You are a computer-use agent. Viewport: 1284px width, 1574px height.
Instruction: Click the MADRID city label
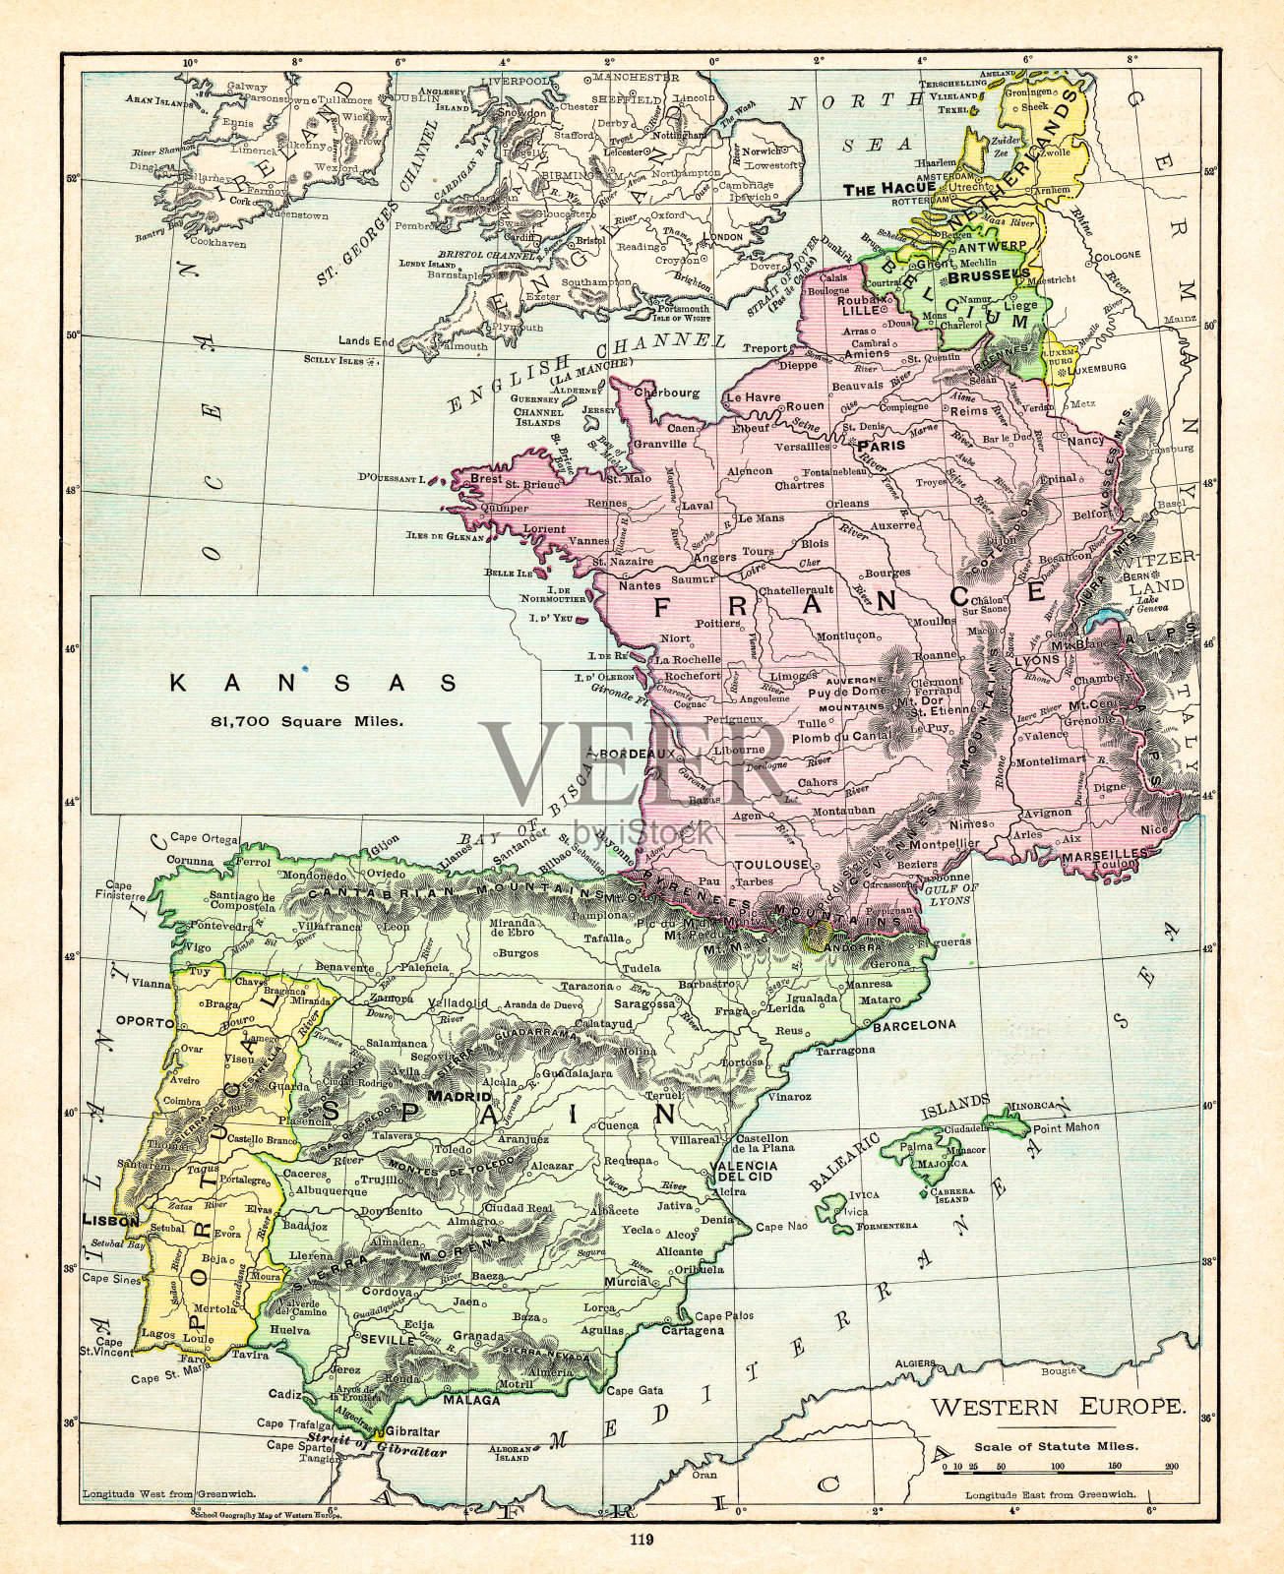(x=459, y=1095)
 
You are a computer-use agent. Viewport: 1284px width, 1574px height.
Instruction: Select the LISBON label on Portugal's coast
(x=110, y=1220)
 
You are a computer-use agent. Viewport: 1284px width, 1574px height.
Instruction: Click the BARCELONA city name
(x=914, y=1024)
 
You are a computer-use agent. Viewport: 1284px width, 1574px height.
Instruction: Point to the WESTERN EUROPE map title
(x=1058, y=1407)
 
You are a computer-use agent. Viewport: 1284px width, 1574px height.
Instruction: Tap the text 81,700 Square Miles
(x=307, y=721)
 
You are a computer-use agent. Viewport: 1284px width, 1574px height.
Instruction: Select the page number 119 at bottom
(x=642, y=1541)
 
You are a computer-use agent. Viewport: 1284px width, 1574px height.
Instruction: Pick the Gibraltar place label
(x=412, y=1431)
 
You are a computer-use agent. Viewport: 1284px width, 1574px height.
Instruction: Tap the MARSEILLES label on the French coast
(x=1106, y=856)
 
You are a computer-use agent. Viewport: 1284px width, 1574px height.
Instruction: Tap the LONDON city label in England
(x=724, y=237)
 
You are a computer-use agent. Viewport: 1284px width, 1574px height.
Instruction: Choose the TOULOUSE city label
(x=771, y=864)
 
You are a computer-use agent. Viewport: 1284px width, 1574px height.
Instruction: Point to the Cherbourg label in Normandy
(x=667, y=392)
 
